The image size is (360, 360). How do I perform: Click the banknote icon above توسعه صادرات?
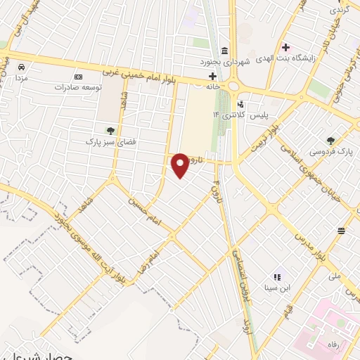[x=78, y=77]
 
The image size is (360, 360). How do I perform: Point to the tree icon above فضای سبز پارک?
[x=110, y=130]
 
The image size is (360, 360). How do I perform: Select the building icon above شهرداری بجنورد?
[x=224, y=51]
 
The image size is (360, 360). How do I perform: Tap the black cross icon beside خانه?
[x=212, y=75]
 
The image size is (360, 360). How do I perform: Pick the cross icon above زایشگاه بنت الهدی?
[x=285, y=47]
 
